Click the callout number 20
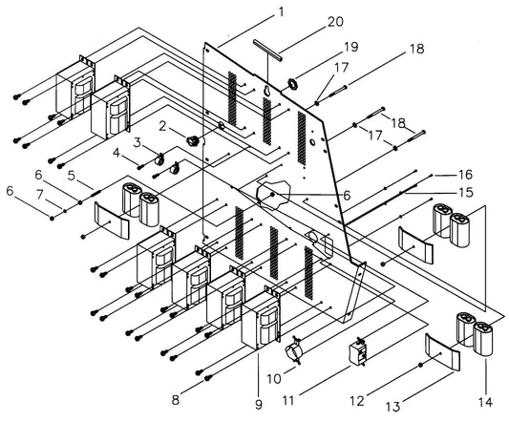[x=335, y=22]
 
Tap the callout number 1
[x=281, y=12]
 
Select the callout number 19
[x=350, y=47]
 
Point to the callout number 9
[x=259, y=404]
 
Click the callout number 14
[x=485, y=403]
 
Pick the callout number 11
[x=288, y=401]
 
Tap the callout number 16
[x=466, y=175]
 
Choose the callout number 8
[x=176, y=400]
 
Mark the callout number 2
[x=162, y=126]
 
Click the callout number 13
[x=393, y=407]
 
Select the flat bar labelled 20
[x=267, y=50]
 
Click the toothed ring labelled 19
[x=291, y=84]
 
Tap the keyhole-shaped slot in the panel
[x=267, y=92]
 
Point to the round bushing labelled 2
[x=192, y=140]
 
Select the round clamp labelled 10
[x=294, y=351]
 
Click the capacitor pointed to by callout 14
[x=483, y=339]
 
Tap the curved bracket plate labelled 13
[x=443, y=352]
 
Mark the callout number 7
[x=39, y=195]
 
